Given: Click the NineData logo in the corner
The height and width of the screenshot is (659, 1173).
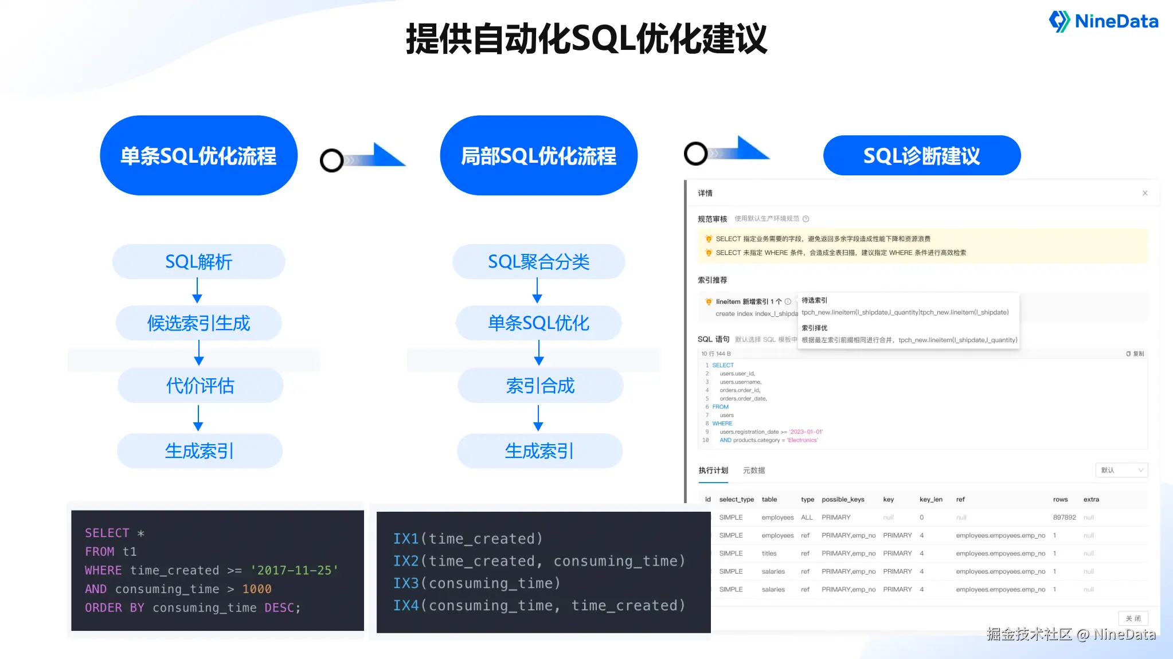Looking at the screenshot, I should coord(1103,22).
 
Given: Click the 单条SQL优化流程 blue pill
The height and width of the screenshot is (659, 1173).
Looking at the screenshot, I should coord(198,156).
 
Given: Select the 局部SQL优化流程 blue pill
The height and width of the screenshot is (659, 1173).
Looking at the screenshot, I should coord(538,156).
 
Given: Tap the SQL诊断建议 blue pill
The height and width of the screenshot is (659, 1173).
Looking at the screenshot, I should coord(921,156).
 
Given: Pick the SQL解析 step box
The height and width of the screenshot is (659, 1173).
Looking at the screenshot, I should coord(198,262).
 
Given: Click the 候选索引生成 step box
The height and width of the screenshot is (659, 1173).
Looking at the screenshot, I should coord(198,323).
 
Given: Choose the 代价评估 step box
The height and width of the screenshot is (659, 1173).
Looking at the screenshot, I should coord(200,386).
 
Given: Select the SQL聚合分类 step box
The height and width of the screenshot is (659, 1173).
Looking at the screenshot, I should coord(538,262).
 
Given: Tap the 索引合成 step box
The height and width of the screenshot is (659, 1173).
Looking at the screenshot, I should coord(540,386).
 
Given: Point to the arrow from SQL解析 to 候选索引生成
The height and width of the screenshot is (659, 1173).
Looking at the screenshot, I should coord(197,291).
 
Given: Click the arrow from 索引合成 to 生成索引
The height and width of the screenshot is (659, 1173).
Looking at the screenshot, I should coord(538,418).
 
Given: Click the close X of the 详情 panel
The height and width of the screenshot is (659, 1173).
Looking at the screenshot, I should coord(1145,193).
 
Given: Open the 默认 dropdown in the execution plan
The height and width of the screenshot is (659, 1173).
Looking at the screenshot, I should coord(1121,470).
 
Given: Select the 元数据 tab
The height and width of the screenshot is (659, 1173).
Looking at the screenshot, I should coord(754,470).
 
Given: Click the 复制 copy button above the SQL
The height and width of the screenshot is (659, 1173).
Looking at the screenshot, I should coord(1135,354).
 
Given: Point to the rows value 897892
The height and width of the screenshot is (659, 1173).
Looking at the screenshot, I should coord(1064,517).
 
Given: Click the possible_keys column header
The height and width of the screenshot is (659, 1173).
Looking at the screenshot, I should coord(843,500).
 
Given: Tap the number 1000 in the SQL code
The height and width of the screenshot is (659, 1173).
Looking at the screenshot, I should coord(257,589).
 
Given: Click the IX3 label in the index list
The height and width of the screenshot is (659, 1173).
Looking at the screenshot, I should coord(406,583).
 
